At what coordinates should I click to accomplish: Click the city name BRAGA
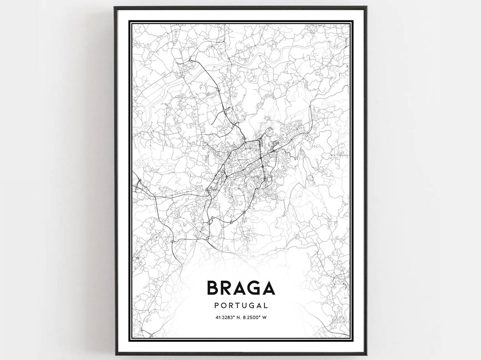(240, 288)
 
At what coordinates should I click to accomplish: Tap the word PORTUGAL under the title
(240, 306)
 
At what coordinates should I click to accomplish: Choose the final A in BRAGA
(269, 288)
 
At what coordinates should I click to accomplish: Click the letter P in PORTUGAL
(216, 306)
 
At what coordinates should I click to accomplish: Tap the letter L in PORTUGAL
(265, 306)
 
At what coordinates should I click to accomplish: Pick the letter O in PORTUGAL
(223, 306)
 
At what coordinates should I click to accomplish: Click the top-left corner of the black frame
(114, 7)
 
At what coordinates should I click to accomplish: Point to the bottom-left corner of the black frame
(114, 355)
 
